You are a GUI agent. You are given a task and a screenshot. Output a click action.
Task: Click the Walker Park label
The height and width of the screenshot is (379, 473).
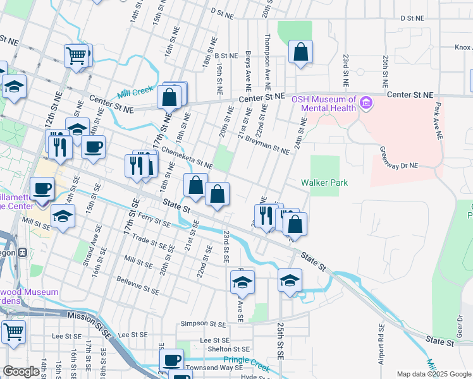click(x=324, y=183)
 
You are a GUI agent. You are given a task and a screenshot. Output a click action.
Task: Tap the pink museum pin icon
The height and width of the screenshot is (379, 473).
click(x=365, y=102)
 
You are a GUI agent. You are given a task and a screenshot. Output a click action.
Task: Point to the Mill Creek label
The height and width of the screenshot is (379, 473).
click(x=135, y=91)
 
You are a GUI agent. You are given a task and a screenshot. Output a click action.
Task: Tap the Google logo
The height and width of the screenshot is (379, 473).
click(x=21, y=371)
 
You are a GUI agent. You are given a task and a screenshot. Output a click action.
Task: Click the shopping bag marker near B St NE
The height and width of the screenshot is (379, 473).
click(x=301, y=51)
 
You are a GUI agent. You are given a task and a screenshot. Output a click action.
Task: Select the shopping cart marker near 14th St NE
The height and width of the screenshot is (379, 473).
click(x=78, y=55)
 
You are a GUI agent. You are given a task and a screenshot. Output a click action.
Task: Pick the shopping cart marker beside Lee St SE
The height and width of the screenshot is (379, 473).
click(x=13, y=331)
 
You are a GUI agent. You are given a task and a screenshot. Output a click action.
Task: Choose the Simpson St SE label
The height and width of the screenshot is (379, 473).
click(x=203, y=323)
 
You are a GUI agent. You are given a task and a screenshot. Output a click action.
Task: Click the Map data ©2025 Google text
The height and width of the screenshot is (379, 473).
click(x=433, y=374)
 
